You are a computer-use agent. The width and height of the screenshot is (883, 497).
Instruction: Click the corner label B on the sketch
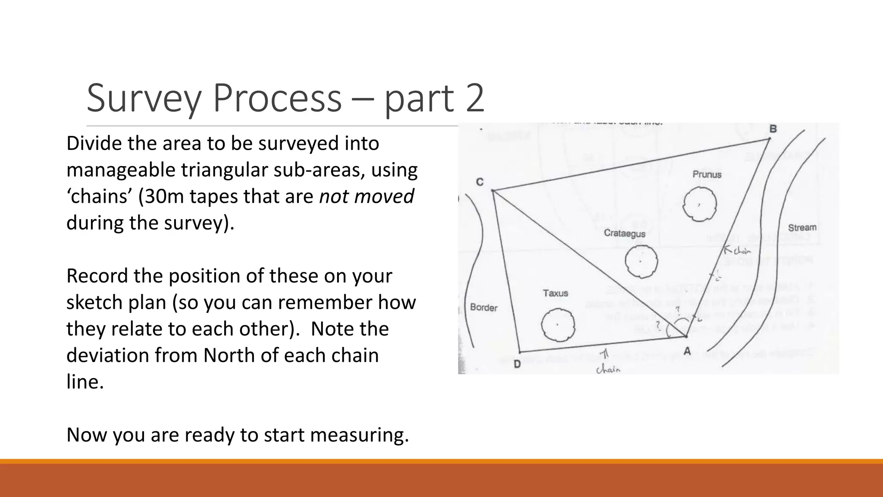point(773,129)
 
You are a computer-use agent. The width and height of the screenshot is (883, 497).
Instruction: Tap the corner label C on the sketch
point(479,182)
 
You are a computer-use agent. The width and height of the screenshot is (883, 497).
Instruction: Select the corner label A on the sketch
point(687,351)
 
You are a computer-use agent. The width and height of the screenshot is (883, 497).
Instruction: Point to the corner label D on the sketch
point(517,364)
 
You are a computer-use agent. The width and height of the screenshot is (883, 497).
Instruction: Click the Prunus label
point(707,174)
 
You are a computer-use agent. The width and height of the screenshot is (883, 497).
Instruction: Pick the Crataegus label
point(624,233)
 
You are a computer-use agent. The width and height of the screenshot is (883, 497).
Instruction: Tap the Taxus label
point(555,293)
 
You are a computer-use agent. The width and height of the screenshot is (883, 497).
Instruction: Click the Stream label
point(802,227)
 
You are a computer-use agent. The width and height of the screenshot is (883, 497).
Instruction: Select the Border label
point(483,308)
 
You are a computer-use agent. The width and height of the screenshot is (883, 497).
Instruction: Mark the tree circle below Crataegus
point(641,261)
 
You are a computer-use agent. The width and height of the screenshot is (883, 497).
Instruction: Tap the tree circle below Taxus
point(558,324)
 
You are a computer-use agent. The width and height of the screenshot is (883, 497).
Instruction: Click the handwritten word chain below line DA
point(608,369)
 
